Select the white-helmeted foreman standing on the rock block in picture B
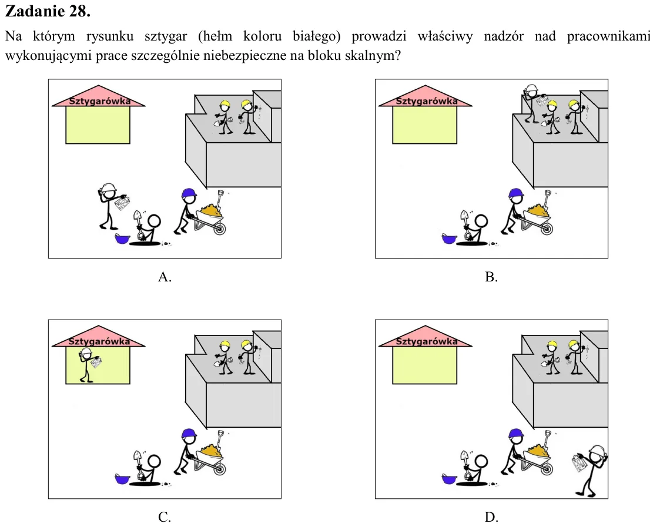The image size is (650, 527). click(x=533, y=103)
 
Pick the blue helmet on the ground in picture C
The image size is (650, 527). click(x=122, y=479)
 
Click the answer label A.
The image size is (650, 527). click(x=165, y=277)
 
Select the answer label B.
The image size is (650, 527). click(x=491, y=277)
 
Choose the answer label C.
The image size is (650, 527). click(x=165, y=517)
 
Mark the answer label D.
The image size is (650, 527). click(x=491, y=517)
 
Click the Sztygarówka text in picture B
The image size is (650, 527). click(x=427, y=101)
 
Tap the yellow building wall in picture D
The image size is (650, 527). click(x=424, y=365)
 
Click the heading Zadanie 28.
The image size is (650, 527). click(x=48, y=11)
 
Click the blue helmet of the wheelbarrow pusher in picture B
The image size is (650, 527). click(x=515, y=193)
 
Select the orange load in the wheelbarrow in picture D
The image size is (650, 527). click(x=538, y=451)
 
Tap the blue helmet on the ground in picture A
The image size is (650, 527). click(x=122, y=239)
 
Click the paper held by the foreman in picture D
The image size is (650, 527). click(x=579, y=463)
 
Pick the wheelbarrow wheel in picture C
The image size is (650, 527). click(x=219, y=469)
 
